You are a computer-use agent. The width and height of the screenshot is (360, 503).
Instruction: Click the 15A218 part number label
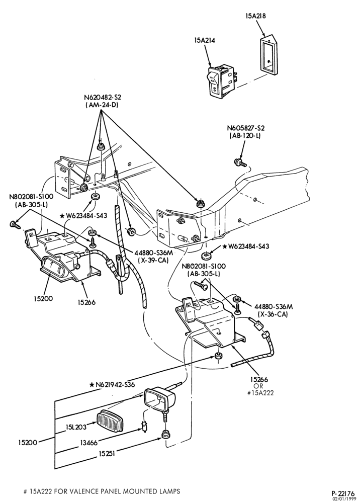tap(256, 16)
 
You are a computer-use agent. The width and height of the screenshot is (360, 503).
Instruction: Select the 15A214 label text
tap(204, 40)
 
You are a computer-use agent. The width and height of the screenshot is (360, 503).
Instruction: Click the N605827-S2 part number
tap(246, 128)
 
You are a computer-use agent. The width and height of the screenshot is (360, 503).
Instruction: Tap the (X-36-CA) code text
tap(273, 314)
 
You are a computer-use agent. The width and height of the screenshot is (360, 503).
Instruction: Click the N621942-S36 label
tap(112, 384)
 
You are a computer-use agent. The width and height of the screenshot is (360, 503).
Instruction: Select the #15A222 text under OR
tap(260, 393)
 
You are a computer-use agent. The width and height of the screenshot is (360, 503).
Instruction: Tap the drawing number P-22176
tap(343, 493)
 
